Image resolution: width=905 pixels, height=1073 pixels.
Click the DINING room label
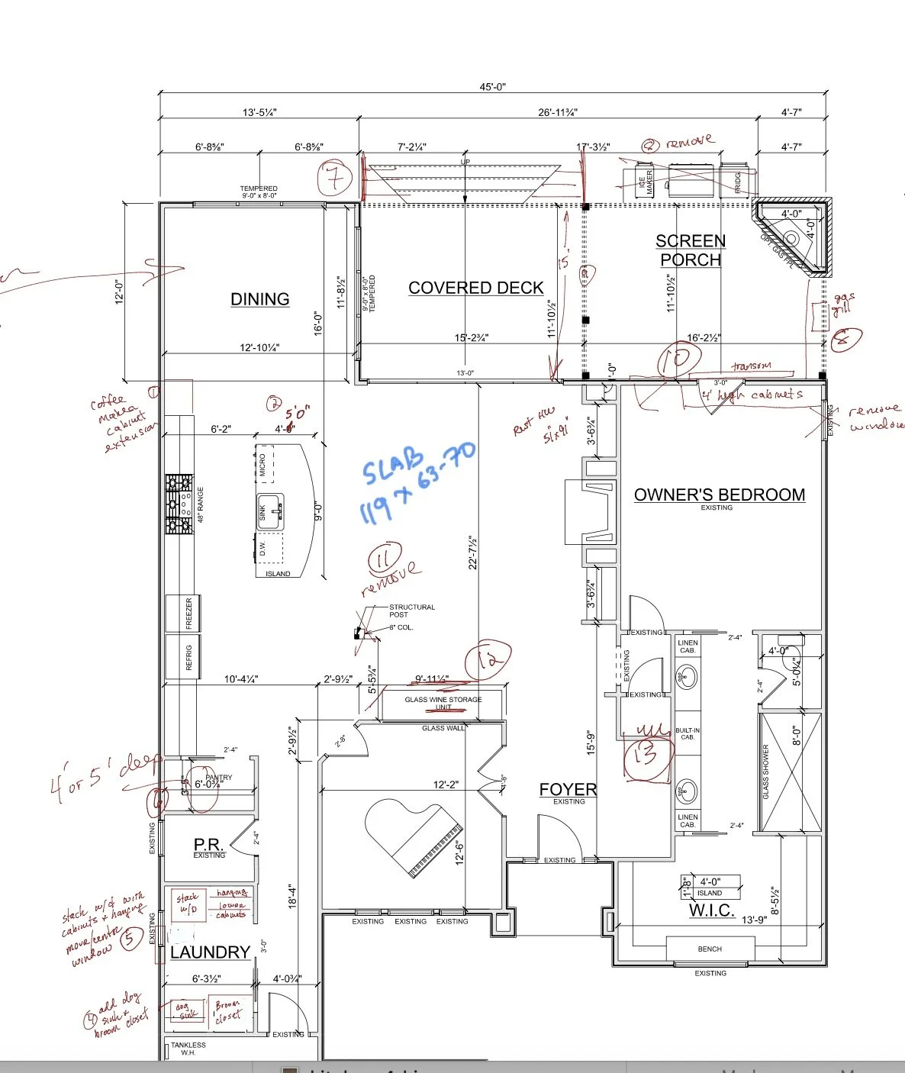[x=260, y=299]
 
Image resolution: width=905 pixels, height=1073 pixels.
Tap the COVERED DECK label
[x=476, y=288]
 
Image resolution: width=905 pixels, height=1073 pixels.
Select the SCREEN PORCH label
[x=691, y=250]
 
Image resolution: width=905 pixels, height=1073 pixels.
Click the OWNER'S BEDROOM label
[x=719, y=495]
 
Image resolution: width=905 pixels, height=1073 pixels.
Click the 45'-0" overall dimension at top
[x=493, y=87]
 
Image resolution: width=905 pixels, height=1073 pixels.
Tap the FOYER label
[x=568, y=790]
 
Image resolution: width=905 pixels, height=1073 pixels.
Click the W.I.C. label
[x=711, y=910]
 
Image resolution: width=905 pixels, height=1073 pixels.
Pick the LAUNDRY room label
[x=210, y=952]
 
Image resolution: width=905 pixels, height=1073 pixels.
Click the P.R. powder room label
[x=208, y=845]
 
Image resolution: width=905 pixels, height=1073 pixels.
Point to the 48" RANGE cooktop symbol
[x=179, y=504]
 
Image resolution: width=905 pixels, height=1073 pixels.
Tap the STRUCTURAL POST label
[x=412, y=611]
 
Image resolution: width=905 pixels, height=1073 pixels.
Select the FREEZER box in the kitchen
[x=188, y=614]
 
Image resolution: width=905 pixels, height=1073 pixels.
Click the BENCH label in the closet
[x=710, y=949]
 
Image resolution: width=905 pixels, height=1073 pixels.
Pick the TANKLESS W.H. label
[x=188, y=1049]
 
